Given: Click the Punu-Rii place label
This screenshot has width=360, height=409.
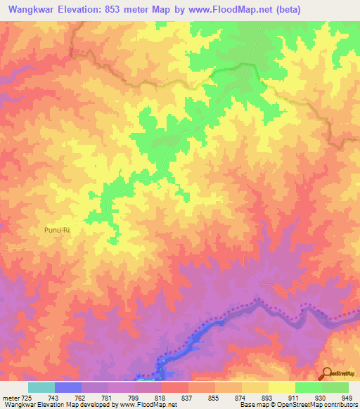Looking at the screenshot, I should [54, 228].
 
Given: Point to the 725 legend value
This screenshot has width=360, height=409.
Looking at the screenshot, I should [27, 398].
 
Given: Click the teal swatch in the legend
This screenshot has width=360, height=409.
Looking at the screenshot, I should [41, 387].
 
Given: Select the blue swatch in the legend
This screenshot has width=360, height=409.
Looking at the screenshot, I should [67, 387].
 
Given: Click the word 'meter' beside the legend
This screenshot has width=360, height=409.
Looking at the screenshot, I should [10, 398].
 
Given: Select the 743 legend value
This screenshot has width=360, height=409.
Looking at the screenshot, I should [54, 398].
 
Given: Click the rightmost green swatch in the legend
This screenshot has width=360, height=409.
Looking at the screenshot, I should [335, 387].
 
